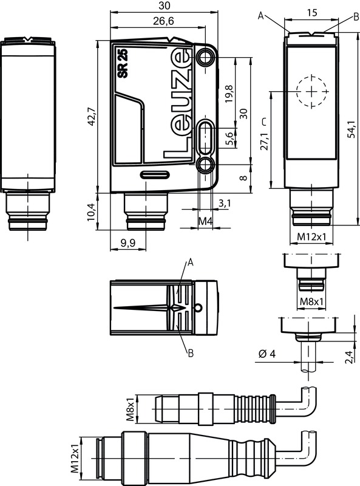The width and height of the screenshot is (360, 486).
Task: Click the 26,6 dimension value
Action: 163,21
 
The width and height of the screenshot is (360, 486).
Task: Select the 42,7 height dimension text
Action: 91,116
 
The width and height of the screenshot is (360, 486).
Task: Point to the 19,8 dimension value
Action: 229,94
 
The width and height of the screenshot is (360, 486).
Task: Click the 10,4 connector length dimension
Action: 91,211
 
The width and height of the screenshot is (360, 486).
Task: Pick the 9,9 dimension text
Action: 128,242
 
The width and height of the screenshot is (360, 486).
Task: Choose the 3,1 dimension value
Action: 225,204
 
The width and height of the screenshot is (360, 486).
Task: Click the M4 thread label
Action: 205,221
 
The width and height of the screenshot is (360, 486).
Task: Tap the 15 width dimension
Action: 312,12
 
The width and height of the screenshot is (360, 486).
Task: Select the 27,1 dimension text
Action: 264,142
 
